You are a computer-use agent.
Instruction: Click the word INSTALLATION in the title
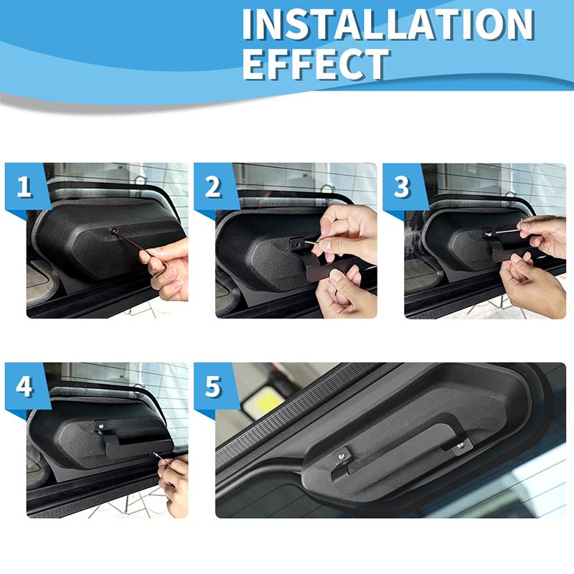point(387,24)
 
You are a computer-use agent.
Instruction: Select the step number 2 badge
point(213,187)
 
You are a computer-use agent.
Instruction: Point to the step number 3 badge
point(402,187)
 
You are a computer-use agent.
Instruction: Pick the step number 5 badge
point(213,387)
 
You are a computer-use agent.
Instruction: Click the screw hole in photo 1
point(115,231)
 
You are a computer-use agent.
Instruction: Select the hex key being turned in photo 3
point(506,231)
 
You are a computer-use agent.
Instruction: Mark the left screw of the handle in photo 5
point(343,453)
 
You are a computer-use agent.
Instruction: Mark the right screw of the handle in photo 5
point(460,446)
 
